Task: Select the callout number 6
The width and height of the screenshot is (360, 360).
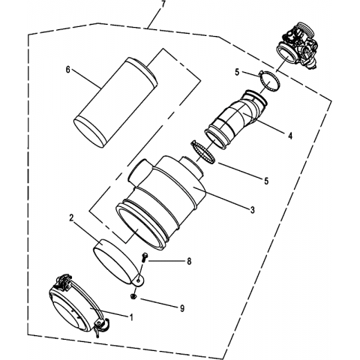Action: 67,70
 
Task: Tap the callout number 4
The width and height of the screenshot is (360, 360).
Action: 290,136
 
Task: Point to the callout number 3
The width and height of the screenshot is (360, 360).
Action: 253,210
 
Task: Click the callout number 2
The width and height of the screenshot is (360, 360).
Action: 71,217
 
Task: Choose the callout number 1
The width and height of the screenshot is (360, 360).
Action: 130,317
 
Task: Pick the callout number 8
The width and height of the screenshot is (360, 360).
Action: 189,261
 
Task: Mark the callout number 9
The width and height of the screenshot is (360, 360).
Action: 182,308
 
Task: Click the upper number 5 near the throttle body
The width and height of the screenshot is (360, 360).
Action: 237,72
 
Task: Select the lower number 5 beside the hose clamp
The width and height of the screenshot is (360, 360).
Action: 266,181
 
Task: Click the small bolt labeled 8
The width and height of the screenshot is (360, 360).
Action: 145,257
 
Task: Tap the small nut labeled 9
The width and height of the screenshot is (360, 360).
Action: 133,296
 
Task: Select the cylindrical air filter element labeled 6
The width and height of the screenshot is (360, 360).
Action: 115,103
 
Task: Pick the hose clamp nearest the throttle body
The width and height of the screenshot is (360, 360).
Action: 269,80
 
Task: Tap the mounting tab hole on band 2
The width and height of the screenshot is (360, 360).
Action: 138,281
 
